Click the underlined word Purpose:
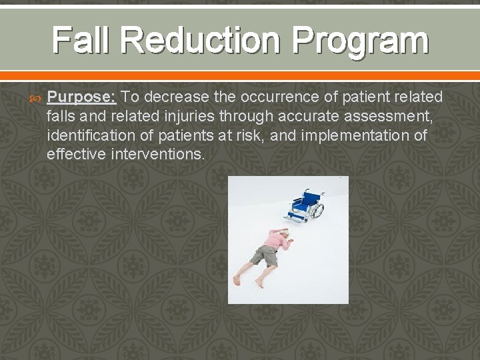pyautogui.click(x=82, y=97)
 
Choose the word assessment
pyautogui.click(x=390, y=117)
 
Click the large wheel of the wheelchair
pyautogui.click(x=314, y=210)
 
